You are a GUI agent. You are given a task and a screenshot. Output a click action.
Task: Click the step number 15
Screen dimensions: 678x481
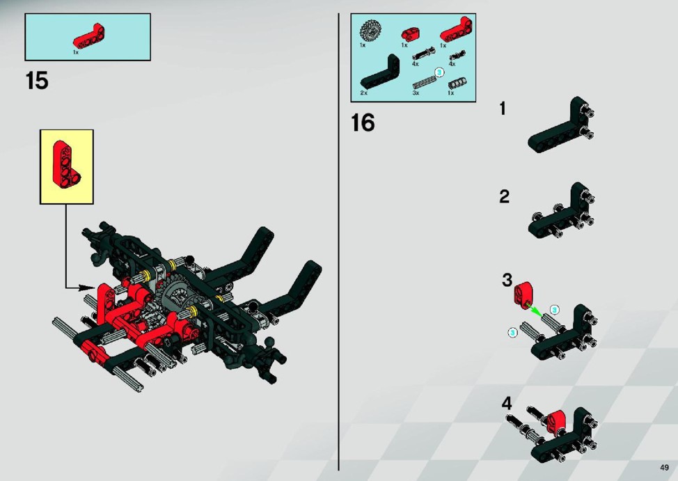(37, 81)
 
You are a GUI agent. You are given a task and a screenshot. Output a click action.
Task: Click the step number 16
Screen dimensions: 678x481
(363, 123)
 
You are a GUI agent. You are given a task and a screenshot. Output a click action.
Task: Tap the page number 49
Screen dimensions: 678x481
(665, 467)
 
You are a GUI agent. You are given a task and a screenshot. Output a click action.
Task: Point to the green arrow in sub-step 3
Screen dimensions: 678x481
(535, 310)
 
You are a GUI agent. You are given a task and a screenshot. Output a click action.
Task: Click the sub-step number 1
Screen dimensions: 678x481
(503, 109)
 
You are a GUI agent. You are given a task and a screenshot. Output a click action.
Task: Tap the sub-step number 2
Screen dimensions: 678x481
(504, 196)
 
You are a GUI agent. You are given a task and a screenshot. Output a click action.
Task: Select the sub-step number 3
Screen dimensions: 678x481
(507, 280)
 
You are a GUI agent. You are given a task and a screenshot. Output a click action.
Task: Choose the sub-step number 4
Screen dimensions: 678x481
(507, 404)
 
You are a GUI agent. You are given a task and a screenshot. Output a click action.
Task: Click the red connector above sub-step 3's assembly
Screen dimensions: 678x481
(523, 293)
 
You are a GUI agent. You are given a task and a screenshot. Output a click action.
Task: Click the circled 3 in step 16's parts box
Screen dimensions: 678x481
(439, 72)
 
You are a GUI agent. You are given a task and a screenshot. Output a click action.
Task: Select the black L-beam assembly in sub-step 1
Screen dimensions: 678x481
(561, 125)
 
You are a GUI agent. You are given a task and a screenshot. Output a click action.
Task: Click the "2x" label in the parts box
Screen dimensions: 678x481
(363, 93)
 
